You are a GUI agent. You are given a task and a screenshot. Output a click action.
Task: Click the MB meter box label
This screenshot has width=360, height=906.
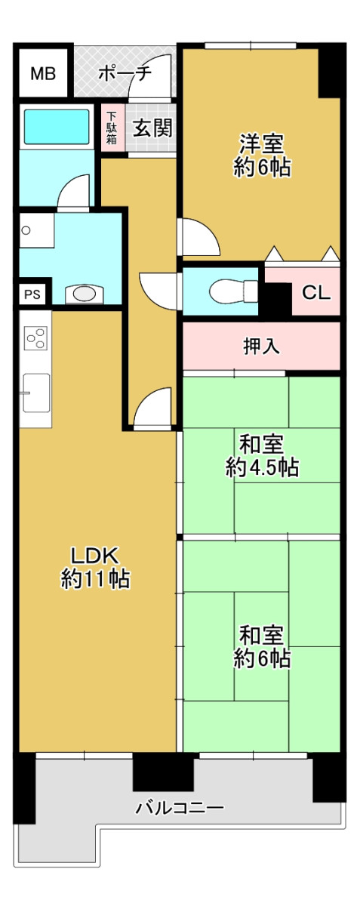tap(43, 74)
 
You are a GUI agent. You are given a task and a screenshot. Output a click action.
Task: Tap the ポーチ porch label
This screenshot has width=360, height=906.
tap(125, 74)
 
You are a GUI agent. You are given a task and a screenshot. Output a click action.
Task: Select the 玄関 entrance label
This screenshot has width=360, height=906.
tap(153, 128)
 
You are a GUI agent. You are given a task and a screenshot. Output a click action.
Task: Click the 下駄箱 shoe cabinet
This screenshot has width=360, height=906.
tap(112, 128)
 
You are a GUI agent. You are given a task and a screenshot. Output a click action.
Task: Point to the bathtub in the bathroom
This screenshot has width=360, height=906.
tap(57, 127)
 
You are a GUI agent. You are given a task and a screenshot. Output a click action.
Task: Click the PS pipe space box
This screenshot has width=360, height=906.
tap(32, 294)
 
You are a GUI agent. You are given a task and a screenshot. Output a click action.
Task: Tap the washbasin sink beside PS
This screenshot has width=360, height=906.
tap(84, 294)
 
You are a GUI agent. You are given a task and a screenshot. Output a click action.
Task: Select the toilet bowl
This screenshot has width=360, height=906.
tap(233, 291)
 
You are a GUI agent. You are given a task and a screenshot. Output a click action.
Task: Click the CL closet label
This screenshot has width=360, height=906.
tap(316, 292)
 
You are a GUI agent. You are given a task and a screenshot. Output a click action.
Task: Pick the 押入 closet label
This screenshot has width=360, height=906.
tap(261, 347)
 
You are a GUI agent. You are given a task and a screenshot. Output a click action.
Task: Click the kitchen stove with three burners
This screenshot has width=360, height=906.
tap(35, 337)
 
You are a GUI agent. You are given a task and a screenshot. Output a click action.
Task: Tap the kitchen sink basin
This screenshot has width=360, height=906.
tap(36, 393)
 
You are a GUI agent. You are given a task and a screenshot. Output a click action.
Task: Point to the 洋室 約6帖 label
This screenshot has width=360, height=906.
tap(262, 156)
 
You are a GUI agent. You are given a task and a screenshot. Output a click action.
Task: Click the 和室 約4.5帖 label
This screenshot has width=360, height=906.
tap(262, 456)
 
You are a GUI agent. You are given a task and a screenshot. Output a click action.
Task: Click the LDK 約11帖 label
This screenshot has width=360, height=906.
tap(95, 567)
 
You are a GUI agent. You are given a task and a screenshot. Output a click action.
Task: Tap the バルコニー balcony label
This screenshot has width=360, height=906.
tap(179, 809)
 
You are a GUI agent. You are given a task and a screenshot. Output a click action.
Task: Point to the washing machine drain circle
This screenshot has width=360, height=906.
tap(26, 230)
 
